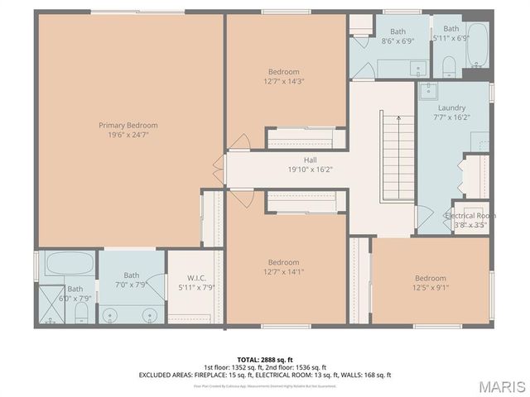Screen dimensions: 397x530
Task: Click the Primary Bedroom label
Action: tap(128, 126)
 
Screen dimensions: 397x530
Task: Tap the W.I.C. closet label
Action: tap(196, 277)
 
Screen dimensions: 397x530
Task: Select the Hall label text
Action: tap(287, 160)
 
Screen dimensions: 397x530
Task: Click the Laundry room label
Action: tap(451, 108)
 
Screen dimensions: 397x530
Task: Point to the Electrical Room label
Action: tap(470, 215)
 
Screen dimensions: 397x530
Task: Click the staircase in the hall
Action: tap(397, 157)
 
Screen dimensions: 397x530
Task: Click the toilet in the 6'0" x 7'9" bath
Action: tap(81, 311)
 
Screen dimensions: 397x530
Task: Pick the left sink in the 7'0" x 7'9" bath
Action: tap(113, 315)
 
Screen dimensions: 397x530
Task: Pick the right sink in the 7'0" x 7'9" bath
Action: tap(150, 315)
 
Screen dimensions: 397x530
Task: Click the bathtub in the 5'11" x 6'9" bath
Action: tap(478, 45)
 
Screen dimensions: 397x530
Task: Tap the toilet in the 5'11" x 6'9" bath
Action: tap(447, 65)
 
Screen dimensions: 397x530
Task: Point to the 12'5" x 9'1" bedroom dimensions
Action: tap(430, 289)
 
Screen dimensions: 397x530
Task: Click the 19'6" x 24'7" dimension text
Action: tap(128, 136)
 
